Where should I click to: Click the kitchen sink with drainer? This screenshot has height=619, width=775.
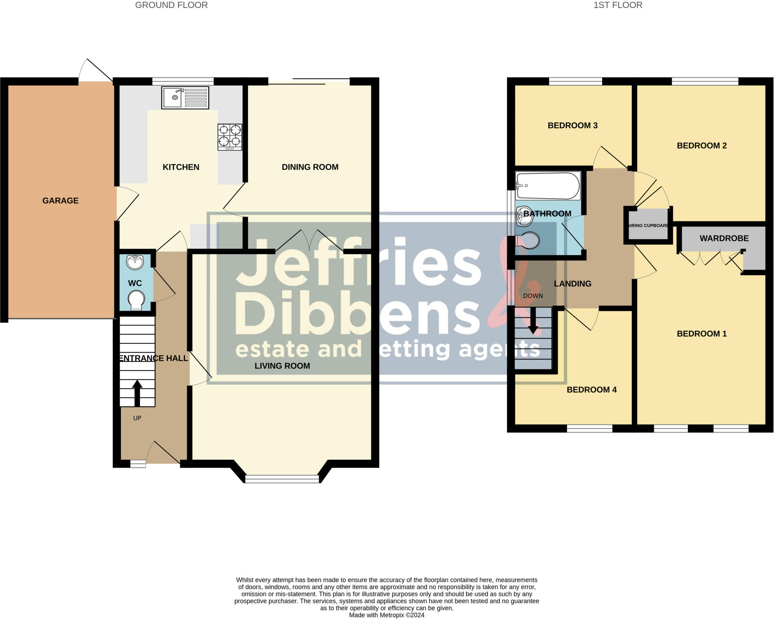[x=185, y=98]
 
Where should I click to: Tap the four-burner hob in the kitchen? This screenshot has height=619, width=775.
[x=230, y=137]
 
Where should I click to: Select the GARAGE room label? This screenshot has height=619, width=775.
[x=61, y=201]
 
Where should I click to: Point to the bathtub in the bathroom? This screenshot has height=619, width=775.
[x=548, y=186]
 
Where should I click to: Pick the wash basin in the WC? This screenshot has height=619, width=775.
[x=135, y=262]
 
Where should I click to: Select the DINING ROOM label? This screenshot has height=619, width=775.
[x=310, y=167]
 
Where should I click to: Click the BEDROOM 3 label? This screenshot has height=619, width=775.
[x=573, y=125]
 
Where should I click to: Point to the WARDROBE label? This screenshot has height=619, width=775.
[x=724, y=238]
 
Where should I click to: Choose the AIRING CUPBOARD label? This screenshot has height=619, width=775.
[x=648, y=226]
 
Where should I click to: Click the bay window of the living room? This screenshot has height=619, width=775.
[x=282, y=479]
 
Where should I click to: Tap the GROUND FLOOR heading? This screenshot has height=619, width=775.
[x=171, y=5]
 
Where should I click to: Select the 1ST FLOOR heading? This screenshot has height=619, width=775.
[x=618, y=5]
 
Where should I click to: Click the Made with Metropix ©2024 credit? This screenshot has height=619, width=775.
[x=386, y=615]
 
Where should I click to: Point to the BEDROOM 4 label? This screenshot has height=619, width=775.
[x=591, y=390]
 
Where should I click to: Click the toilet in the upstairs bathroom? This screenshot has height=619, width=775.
[x=528, y=240]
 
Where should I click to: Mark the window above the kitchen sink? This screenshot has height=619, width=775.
[x=183, y=81]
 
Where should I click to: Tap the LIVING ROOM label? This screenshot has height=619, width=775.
[x=282, y=366]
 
